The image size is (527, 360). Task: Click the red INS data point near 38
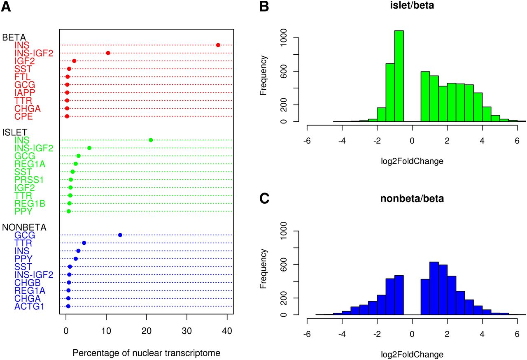click(218, 45)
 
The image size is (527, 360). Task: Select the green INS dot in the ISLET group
click(151, 140)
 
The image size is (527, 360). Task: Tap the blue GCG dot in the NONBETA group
click(120, 235)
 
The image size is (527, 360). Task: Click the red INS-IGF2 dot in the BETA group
click(108, 53)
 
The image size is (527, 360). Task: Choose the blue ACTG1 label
click(30, 306)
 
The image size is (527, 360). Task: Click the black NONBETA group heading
click(24, 227)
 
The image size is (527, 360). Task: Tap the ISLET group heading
click(15, 132)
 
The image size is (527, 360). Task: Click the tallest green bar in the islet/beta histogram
click(399, 76)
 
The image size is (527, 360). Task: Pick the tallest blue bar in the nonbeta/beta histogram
click(434, 288)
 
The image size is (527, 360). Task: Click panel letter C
click(265, 199)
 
